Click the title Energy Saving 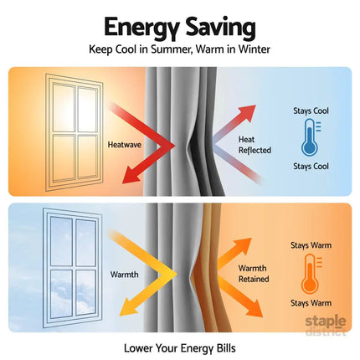[x=180, y=28]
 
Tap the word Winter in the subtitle [x=255, y=49]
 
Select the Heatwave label [x=125, y=145]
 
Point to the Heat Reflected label [x=255, y=145]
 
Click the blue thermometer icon [x=311, y=137]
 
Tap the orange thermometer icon [x=311, y=274]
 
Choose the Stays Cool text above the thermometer [x=311, y=111]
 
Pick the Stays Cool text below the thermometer [x=311, y=167]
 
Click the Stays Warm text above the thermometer [x=311, y=245]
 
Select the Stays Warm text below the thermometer [x=311, y=303]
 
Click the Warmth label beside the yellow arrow [x=124, y=275]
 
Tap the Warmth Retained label [x=254, y=274]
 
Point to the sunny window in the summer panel [x=75, y=133]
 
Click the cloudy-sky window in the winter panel [x=72, y=268]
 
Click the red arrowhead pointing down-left [x=131, y=175]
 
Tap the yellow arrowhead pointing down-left [x=127, y=307]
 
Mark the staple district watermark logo [x=326, y=326]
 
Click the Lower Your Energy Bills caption [x=180, y=348]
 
